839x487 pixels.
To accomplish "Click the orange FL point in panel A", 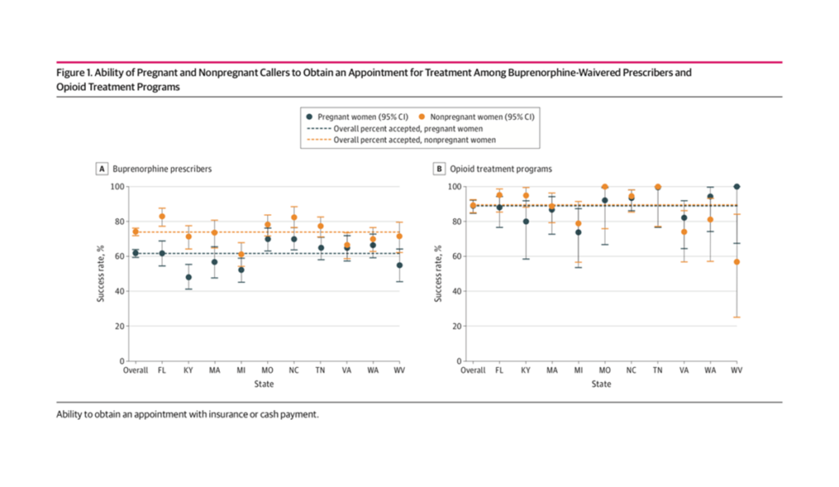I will pyautogui.click(x=162, y=216).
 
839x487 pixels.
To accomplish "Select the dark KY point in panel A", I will pyautogui.click(x=188, y=277).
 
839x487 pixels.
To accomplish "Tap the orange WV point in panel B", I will pyautogui.click(x=737, y=262).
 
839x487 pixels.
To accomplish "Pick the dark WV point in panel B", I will pyautogui.click(x=737, y=187).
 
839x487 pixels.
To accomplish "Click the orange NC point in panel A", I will pyautogui.click(x=293, y=217).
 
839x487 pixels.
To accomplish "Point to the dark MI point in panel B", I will pyautogui.click(x=578, y=232).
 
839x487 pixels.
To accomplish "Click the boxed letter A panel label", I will pyautogui.click(x=102, y=169).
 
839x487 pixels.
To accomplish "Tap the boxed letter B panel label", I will pyautogui.click(x=439, y=169).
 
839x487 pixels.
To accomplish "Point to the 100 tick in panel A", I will pyautogui.click(x=118, y=187).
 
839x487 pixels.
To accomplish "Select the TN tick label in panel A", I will pyautogui.click(x=320, y=371).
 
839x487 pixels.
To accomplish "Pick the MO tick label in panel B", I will pyautogui.click(x=605, y=371).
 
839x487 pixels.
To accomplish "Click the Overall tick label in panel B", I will pyautogui.click(x=473, y=371).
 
